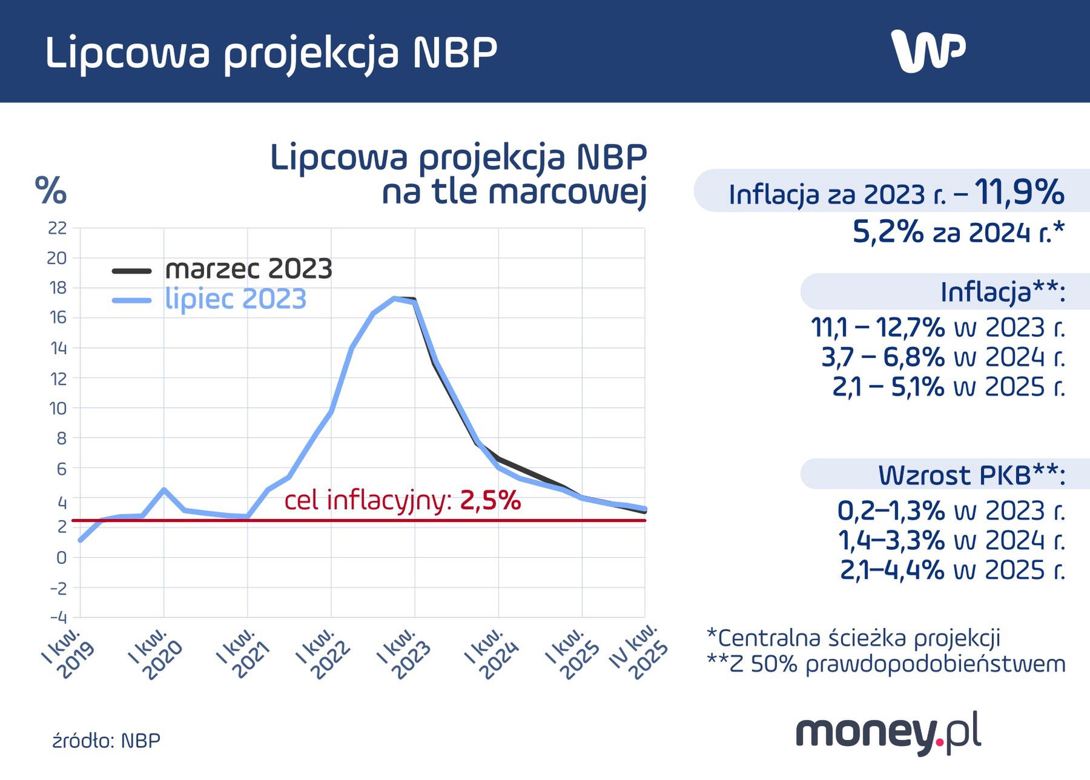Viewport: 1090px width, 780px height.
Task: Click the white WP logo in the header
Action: [x=928, y=51]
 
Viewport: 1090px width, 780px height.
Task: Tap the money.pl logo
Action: [x=888, y=734]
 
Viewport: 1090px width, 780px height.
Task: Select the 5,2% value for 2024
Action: [x=888, y=232]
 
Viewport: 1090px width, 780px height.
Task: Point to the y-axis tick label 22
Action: [x=57, y=228]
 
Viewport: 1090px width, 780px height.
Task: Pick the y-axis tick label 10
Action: [x=58, y=408]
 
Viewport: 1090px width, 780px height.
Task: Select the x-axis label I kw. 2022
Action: [x=323, y=654]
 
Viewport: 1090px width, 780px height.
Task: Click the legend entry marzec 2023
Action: [x=248, y=269]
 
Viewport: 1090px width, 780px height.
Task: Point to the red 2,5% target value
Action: [x=490, y=501]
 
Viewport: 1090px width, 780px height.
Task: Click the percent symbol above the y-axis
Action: [x=51, y=191]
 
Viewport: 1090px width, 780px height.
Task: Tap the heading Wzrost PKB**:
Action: [x=971, y=475]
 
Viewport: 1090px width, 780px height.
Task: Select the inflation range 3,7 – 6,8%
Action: [x=883, y=357]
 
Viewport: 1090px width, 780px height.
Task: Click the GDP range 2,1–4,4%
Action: [x=891, y=570]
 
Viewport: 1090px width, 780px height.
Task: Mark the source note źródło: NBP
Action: [x=107, y=741]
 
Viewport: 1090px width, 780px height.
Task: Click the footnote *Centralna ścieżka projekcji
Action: [x=853, y=638]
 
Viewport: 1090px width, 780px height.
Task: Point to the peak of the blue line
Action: [x=394, y=299]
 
